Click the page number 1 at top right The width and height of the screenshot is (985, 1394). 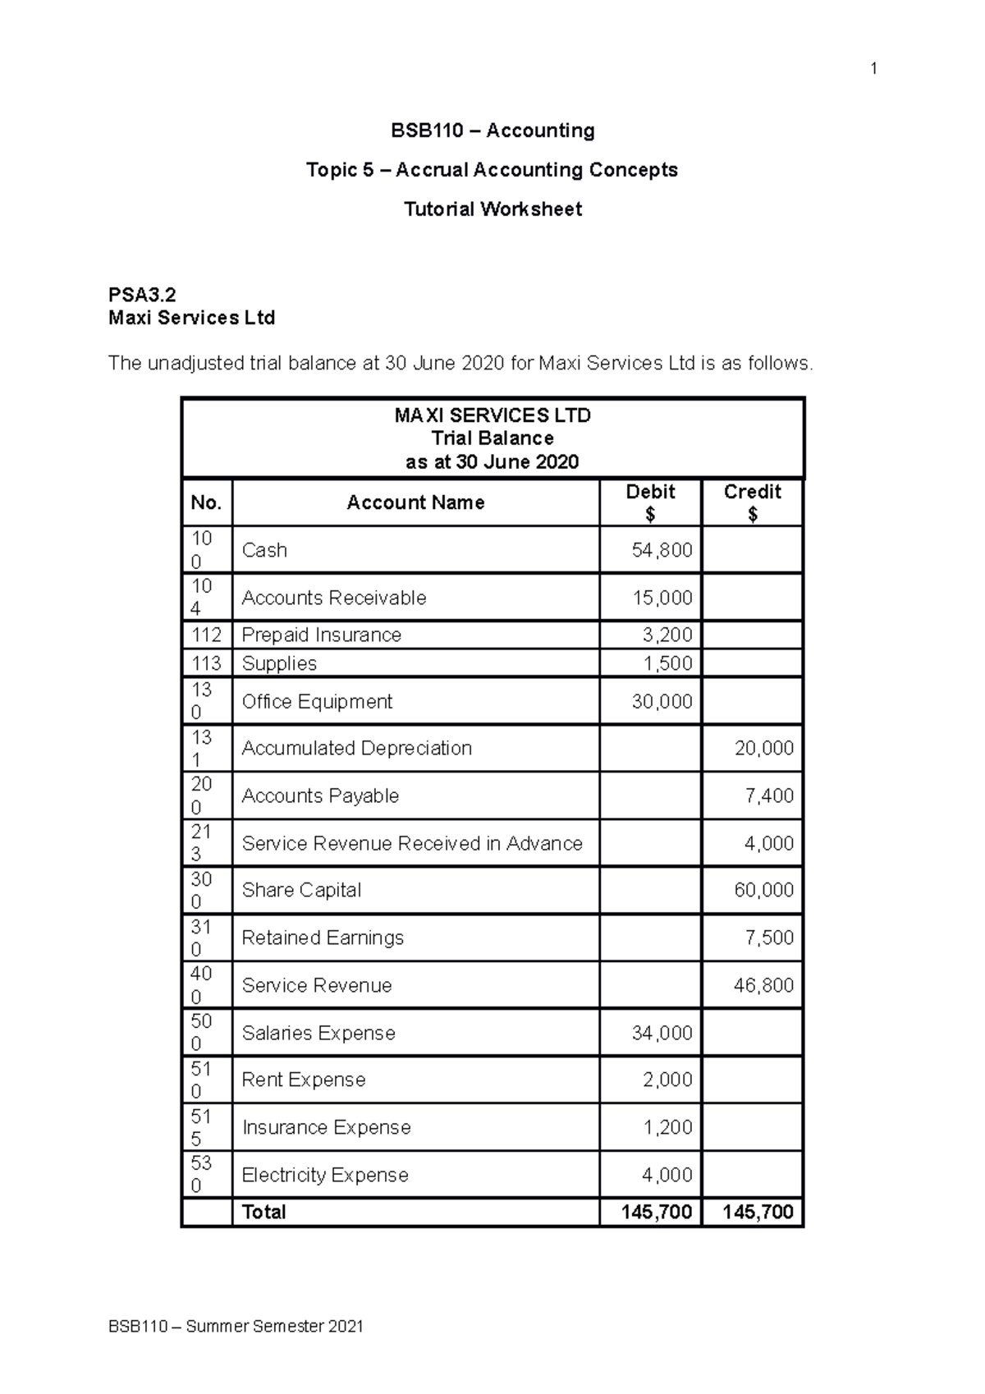click(873, 69)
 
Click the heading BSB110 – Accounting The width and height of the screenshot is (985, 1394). click(492, 131)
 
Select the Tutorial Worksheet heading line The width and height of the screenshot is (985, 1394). click(492, 209)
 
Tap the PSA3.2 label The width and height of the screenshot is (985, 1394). click(142, 295)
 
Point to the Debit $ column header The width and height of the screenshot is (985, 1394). click(650, 502)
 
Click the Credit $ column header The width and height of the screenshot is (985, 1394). click(752, 502)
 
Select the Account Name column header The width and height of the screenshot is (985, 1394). click(415, 502)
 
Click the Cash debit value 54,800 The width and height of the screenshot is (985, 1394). click(662, 550)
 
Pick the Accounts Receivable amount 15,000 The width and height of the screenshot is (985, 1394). click(662, 598)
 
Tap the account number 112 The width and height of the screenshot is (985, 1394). click(206, 635)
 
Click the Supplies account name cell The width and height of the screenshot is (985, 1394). click(279, 663)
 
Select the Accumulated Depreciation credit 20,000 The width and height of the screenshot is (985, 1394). click(763, 749)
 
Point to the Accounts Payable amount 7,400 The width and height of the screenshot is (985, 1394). click(769, 796)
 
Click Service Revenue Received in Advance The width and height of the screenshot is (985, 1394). click(412, 843)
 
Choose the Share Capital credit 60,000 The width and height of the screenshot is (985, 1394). click(763, 891)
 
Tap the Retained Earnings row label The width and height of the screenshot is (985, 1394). click(323, 938)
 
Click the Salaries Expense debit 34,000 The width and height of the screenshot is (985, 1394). click(662, 1033)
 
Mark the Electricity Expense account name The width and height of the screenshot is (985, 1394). click(325, 1175)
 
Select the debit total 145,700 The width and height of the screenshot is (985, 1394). click(657, 1213)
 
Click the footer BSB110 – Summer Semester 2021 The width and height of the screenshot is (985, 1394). click(236, 1327)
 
